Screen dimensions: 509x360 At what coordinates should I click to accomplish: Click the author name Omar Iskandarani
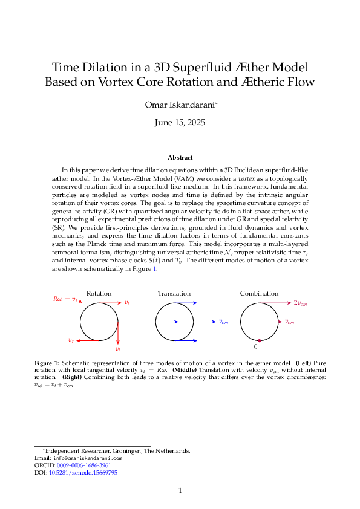point(179,105)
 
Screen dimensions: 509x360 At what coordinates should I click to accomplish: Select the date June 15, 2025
point(180,122)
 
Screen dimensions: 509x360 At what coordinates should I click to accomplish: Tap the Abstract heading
point(180,157)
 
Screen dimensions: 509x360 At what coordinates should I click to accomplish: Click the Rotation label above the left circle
point(99,293)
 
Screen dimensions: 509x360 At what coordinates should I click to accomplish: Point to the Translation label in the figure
point(174,293)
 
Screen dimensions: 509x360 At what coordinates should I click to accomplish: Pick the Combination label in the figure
point(259,293)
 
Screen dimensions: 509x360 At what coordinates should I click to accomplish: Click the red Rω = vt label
point(65,299)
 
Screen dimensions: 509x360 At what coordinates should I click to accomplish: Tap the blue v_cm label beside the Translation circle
point(224,322)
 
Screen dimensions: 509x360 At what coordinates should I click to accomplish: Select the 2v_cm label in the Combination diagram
point(301,302)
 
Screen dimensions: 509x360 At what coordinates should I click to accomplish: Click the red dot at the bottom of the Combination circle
point(259,341)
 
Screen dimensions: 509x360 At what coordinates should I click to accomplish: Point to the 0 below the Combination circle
point(256,348)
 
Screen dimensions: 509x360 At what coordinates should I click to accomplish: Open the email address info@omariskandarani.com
point(88,458)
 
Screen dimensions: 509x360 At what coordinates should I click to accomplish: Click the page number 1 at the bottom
point(180,490)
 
